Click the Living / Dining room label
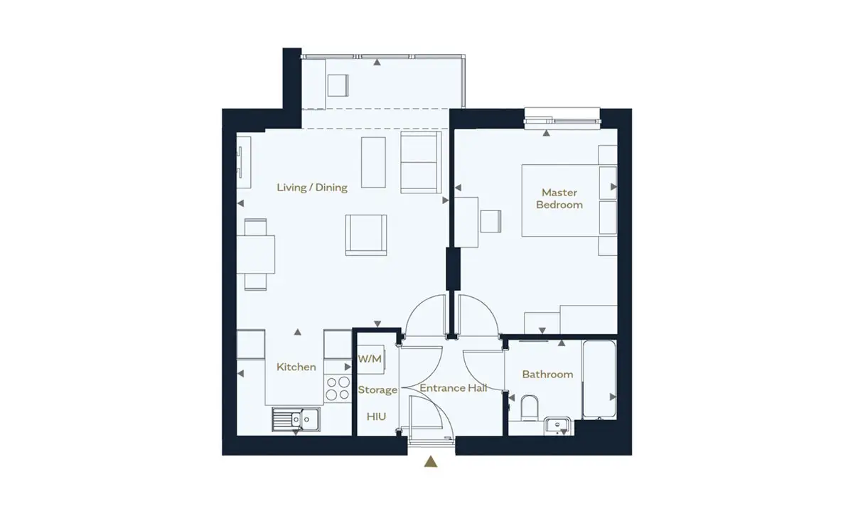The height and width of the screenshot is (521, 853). click(x=312, y=188)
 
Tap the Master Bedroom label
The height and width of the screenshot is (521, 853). click(x=559, y=198)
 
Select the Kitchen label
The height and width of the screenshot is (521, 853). click(x=296, y=367)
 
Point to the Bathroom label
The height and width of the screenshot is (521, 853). click(x=547, y=375)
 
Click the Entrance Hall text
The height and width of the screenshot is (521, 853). click(x=454, y=388)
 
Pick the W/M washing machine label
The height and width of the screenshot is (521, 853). click(x=370, y=359)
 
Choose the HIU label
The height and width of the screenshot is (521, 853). click(x=376, y=417)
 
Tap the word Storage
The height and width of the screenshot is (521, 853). click(x=377, y=390)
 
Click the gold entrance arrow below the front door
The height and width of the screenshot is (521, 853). click(x=431, y=461)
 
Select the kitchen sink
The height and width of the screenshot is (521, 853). click(x=296, y=419)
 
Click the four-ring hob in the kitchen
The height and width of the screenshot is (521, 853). click(x=338, y=388)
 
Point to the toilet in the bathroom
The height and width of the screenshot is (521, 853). click(x=530, y=408)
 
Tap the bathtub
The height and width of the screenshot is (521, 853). click(x=599, y=380)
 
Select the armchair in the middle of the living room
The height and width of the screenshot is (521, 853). click(x=366, y=235)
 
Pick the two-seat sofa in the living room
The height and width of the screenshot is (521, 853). click(x=421, y=162)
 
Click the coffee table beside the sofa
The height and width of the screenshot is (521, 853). click(x=373, y=162)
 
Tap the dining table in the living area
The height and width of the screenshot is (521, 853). click(x=255, y=254)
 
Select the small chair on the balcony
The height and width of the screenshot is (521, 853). click(x=338, y=85)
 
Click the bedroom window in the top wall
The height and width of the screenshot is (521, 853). click(x=562, y=119)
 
